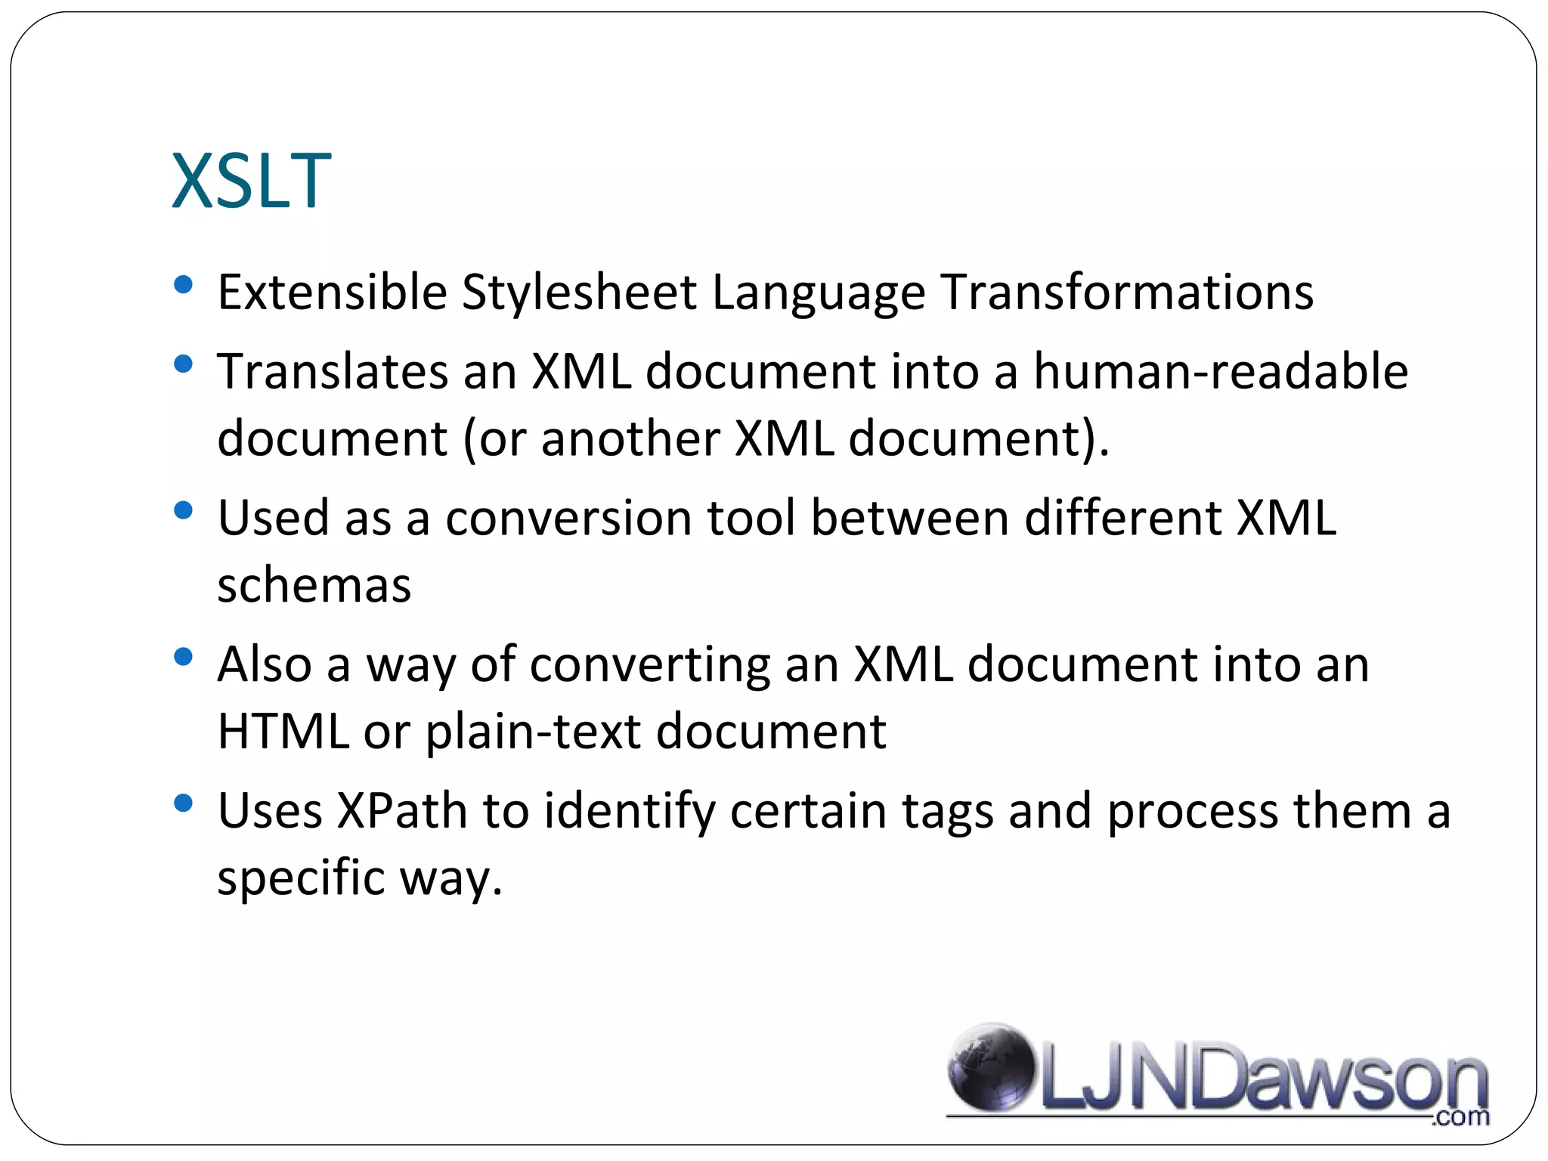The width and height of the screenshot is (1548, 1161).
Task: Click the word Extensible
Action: point(333,293)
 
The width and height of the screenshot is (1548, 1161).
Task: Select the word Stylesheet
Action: point(579,293)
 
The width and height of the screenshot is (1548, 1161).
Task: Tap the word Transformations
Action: point(1127,293)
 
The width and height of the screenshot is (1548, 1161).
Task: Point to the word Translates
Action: point(333,372)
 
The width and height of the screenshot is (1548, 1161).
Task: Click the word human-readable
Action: point(1221,372)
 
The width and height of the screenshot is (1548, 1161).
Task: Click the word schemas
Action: point(314,585)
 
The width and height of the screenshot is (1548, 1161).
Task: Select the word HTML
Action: point(283,732)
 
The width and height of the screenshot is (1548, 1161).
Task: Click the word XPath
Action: point(402,811)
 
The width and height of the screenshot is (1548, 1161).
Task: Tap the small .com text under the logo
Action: point(1460,1116)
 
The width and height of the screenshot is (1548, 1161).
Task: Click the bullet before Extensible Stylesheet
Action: point(183,285)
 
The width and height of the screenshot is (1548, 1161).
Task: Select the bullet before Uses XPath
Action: point(183,803)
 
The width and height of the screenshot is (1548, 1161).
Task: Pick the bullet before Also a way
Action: point(183,656)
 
